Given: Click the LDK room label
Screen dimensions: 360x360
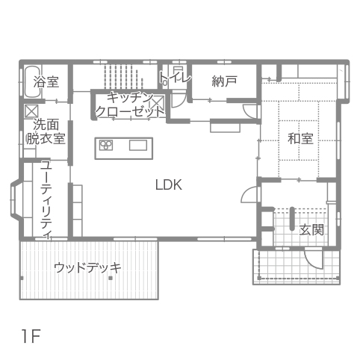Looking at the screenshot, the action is pos(169,184).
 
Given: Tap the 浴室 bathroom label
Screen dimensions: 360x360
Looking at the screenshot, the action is pos(46,81).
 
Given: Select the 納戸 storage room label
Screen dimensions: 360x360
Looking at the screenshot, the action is pos(224,81).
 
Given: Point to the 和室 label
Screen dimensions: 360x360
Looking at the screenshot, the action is pos(300,139).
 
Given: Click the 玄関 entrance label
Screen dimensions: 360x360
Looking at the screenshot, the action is pos(311,230).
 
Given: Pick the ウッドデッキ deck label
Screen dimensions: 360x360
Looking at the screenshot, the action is pos(87,267).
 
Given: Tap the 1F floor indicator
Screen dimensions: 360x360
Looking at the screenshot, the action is pos(31,336).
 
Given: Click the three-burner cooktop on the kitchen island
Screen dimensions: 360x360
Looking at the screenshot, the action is pos(106,145).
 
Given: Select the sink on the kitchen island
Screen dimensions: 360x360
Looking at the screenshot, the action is pos(138,145).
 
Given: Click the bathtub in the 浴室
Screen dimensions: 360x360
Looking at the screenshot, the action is pos(33,81).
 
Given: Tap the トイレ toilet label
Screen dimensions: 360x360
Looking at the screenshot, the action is pos(176,78).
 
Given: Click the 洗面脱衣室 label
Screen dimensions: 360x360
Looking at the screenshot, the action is pos(46,131).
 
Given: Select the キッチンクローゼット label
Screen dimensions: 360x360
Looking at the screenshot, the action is pos(129,105).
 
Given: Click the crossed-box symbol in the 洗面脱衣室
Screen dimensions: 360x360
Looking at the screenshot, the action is pos(31,111).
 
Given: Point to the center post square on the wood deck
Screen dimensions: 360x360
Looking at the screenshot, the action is pos(111,278).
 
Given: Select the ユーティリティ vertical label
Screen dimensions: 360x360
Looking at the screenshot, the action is pos(46,199).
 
